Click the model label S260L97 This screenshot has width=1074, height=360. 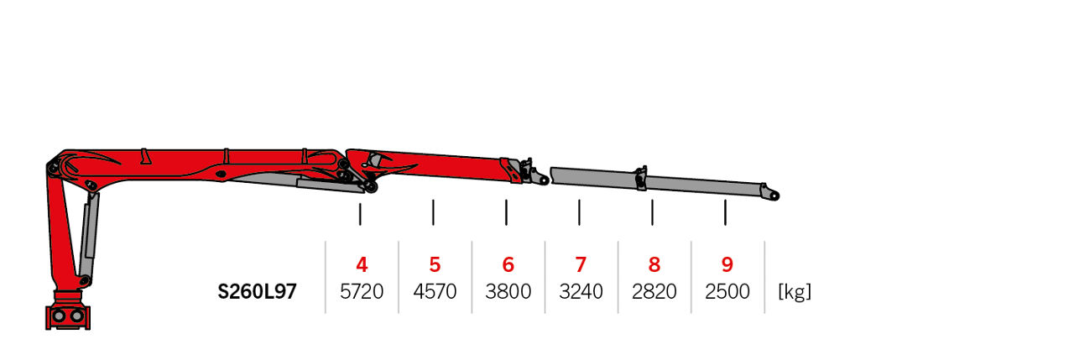[x=257, y=291]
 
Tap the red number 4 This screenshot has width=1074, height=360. [x=362, y=264]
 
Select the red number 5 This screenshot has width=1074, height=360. [x=435, y=264]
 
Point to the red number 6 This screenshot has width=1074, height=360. [x=508, y=264]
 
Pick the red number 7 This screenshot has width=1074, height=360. [x=581, y=264]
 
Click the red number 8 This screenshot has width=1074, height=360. [x=654, y=264]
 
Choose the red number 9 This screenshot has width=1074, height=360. [x=727, y=264]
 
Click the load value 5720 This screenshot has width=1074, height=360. [x=362, y=291]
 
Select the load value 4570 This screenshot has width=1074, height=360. [x=435, y=291]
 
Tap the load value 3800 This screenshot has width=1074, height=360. [x=508, y=291]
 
